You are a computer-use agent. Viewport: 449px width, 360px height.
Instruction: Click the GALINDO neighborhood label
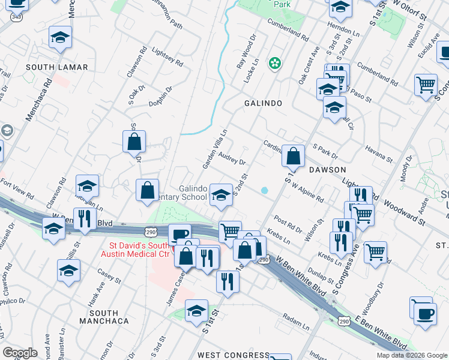[263, 103]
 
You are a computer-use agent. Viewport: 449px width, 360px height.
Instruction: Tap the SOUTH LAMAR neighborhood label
[57, 67]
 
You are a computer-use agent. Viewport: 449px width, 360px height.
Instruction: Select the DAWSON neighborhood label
[328, 170]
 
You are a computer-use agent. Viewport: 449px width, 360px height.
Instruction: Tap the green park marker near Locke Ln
[275, 62]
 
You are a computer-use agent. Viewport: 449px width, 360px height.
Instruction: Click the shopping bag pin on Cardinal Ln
[293, 157]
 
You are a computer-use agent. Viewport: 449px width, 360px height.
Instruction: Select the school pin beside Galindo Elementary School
[221, 195]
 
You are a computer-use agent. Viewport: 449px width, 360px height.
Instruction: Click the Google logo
[20, 352]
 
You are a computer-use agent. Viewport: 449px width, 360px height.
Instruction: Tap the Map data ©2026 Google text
[412, 355]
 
